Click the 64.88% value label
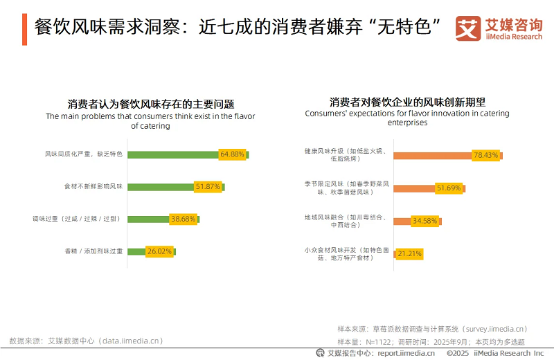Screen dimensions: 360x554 pyautogui.click(x=232, y=154)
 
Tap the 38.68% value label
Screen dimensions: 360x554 pyautogui.click(x=183, y=219)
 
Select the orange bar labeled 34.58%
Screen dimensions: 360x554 pyautogui.click(x=402, y=222)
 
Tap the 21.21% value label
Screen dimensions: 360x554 pyautogui.click(x=409, y=254)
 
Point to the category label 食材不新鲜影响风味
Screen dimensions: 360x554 pyautogui.click(x=93, y=186)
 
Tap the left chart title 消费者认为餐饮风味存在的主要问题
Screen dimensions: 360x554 pyautogui.click(x=151, y=104)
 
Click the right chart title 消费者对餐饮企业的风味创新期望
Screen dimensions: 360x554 pyautogui.click(x=407, y=101)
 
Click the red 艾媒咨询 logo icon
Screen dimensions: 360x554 pyautogui.click(x=468, y=29)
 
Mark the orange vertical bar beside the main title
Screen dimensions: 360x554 pyautogui.click(x=24, y=28)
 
